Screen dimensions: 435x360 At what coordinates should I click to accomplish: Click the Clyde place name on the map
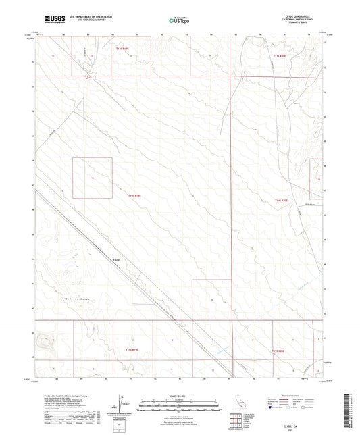click(115, 258)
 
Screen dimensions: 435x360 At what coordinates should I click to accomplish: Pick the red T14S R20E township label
click(282, 201)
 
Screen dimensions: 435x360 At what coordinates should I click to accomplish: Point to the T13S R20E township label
click(279, 58)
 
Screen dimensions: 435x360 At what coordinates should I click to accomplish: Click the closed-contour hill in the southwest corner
click(47, 343)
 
